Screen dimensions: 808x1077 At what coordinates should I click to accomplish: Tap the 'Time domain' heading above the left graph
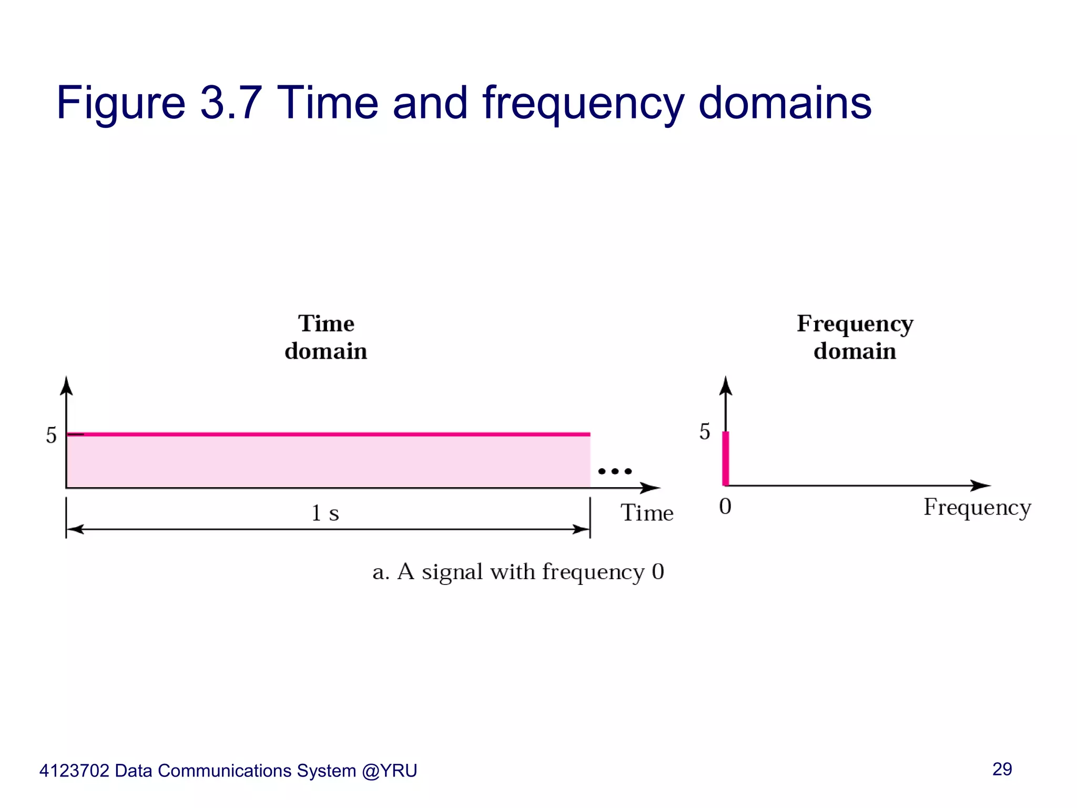point(326,337)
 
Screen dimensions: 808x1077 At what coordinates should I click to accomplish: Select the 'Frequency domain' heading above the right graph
point(855,337)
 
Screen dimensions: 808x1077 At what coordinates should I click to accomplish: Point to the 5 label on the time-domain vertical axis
point(51,436)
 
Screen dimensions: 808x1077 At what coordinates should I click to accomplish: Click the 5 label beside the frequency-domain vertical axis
point(705,432)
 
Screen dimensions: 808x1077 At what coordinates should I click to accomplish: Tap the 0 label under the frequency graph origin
point(725,507)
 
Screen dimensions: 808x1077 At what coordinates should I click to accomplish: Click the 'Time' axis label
point(647,513)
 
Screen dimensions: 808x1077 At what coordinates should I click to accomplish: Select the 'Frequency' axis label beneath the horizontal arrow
point(977,508)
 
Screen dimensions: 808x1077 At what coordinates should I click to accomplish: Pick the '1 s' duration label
point(325,513)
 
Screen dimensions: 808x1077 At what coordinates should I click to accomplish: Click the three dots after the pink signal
point(615,471)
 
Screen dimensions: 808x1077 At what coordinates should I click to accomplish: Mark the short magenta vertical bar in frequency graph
point(726,458)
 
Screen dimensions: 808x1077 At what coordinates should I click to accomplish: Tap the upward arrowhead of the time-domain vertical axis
point(66,385)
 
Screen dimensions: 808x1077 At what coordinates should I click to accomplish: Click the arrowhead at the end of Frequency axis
point(981,486)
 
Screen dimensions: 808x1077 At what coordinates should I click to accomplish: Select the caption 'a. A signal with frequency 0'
point(518,572)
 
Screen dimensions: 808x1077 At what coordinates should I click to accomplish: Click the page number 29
point(1002,769)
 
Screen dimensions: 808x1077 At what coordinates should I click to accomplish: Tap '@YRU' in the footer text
point(389,771)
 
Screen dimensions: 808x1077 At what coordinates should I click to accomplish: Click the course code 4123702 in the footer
point(74,771)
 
